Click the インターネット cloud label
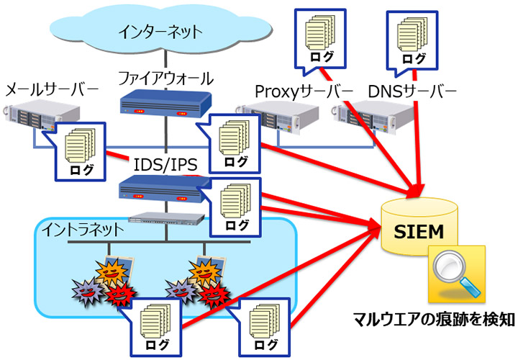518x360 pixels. [163, 32]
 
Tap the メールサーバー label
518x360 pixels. [51, 91]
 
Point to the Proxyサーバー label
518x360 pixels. [304, 92]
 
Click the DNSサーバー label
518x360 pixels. [412, 92]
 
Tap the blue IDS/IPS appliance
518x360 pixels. [165, 189]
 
